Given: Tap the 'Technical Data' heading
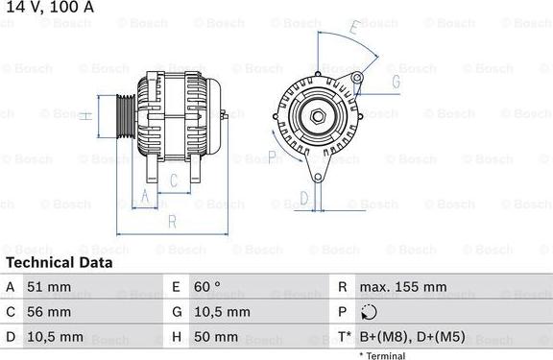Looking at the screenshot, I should [59, 262].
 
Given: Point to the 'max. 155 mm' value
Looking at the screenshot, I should [402, 287].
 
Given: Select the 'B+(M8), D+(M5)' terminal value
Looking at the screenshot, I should [412, 338].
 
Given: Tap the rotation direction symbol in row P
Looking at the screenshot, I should [371, 312].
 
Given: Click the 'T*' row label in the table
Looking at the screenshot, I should [344, 338].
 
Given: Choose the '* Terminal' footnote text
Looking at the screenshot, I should [382, 355].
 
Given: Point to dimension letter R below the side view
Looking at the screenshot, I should [171, 221].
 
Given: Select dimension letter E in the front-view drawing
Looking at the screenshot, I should [353, 30].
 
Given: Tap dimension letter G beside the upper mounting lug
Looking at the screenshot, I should [395, 82].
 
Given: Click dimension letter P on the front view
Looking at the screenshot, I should [273, 156].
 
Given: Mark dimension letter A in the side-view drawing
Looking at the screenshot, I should [145, 197].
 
